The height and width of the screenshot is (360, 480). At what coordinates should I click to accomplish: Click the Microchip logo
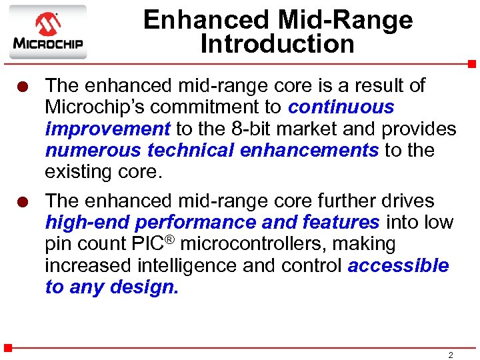[47, 33]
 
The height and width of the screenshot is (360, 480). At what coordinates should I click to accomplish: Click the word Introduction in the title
[277, 45]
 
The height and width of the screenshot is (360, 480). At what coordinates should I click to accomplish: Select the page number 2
[451, 355]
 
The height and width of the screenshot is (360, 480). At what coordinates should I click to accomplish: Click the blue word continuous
[341, 107]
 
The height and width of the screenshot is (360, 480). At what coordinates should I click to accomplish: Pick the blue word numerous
[92, 150]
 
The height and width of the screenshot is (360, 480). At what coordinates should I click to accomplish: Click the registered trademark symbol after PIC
[175, 239]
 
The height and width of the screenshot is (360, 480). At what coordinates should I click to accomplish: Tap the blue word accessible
[399, 265]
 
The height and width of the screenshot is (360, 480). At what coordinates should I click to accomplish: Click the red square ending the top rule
[471, 64]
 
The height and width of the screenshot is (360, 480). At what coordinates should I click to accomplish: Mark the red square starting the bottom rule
[7, 348]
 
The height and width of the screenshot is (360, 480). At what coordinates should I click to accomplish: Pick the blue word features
[341, 223]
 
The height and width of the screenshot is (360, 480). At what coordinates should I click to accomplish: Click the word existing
[81, 171]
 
